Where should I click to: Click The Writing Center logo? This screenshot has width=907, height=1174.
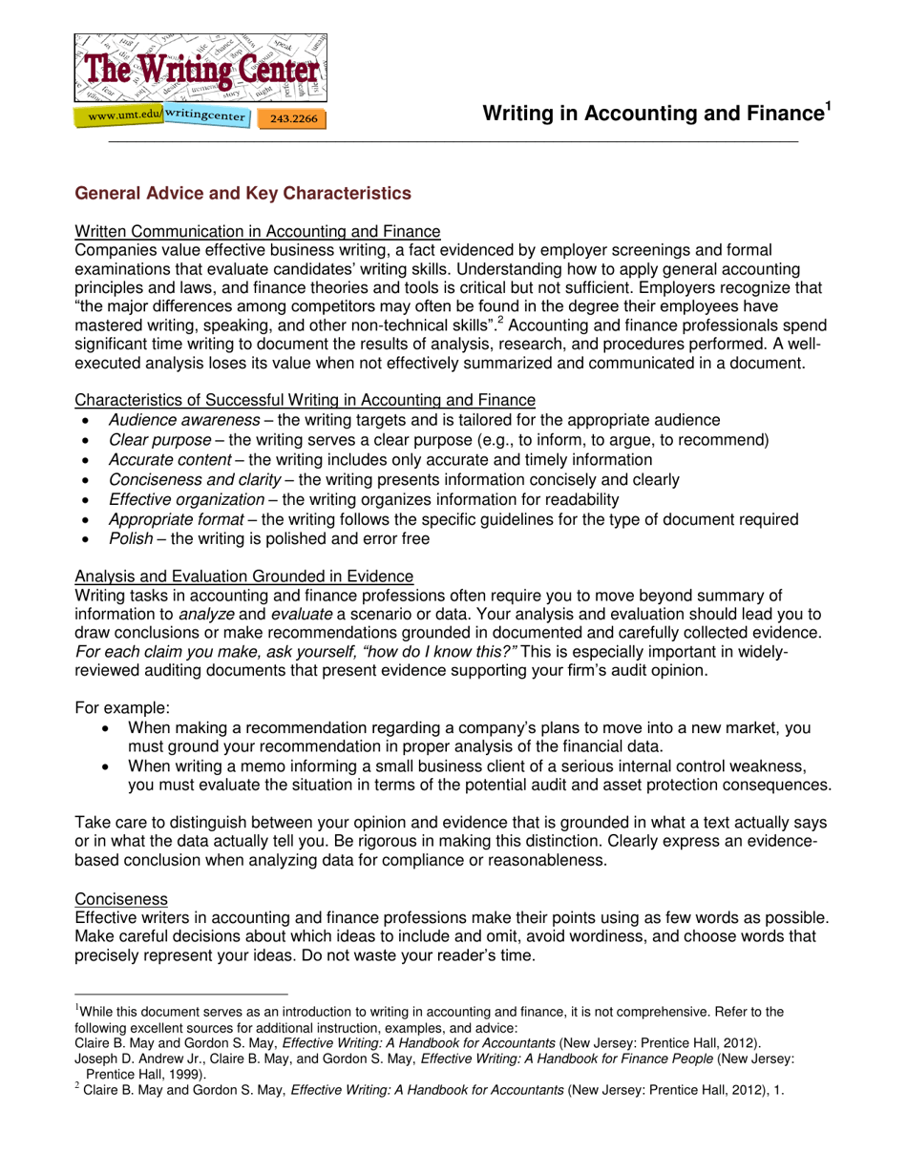201,68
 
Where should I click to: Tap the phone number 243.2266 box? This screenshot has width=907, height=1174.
293,119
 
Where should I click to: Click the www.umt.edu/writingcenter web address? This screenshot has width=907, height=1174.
162,116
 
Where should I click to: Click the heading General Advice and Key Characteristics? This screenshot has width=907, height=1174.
243,194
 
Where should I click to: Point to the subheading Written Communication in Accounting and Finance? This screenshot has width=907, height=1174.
258,231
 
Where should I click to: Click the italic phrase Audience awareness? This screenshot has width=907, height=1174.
183,420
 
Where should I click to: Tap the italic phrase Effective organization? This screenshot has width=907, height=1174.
186,500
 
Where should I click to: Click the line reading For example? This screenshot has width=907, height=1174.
122,708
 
